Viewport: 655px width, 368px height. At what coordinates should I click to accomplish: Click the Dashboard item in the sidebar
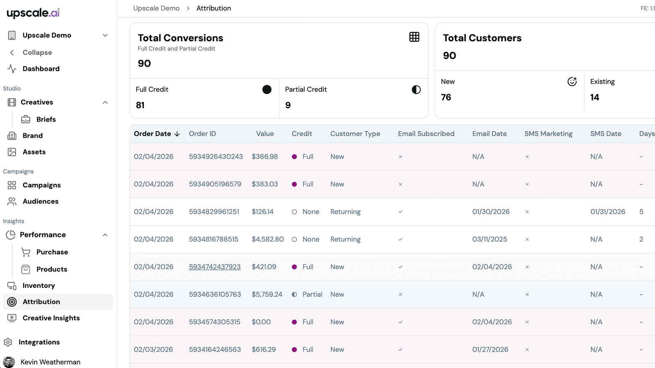41,69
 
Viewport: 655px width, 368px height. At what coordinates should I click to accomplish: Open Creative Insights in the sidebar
51,318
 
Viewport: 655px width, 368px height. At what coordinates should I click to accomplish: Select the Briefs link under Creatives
46,119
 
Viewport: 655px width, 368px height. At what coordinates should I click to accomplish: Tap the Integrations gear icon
8,342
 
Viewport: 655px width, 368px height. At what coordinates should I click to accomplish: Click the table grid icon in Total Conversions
414,37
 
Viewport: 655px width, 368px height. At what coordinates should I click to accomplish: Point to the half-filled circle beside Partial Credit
416,90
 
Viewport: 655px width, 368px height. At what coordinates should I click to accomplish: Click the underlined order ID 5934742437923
215,267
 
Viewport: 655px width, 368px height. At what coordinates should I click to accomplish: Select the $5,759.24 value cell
267,294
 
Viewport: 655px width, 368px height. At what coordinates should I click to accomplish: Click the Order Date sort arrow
177,134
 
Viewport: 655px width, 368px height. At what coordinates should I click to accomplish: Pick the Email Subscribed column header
426,133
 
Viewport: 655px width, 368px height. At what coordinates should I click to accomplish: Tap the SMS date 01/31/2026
608,211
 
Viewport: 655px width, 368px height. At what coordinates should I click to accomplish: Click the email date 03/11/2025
490,239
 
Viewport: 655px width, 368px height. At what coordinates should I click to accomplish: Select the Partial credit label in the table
312,294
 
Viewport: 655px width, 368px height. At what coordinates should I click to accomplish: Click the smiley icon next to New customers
572,81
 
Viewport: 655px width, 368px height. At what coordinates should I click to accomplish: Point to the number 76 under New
446,97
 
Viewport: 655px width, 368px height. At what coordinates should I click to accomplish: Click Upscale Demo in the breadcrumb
156,8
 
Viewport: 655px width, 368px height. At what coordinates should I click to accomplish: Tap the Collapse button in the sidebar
37,52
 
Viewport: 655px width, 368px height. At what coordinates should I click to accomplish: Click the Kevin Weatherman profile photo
9,362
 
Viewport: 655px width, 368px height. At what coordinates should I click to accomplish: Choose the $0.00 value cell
261,322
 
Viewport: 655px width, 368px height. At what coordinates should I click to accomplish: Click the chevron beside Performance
105,235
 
